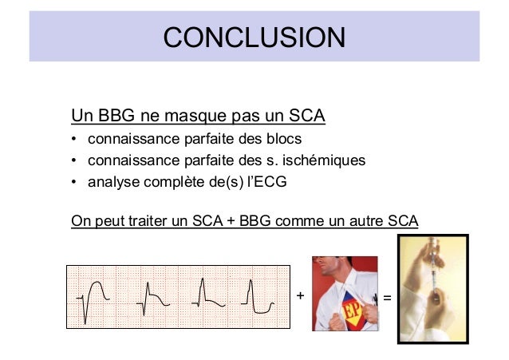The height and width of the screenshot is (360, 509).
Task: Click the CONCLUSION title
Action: tap(254, 37)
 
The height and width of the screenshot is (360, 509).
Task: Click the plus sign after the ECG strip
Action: tap(300, 296)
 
